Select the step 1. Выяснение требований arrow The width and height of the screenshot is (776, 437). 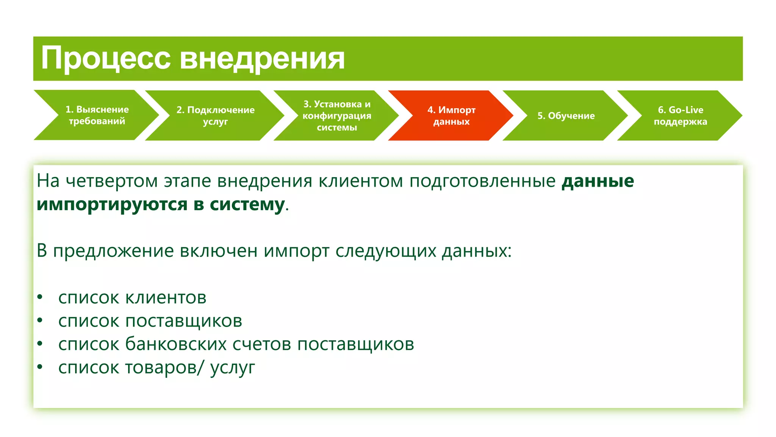click(x=97, y=115)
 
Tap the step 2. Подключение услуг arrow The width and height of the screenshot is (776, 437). click(x=215, y=116)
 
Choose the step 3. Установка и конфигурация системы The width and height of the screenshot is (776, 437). click(x=336, y=116)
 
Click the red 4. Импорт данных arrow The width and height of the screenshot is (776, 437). click(x=451, y=116)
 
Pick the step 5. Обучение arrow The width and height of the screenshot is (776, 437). click(x=566, y=116)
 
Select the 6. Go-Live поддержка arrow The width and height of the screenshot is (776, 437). click(x=680, y=116)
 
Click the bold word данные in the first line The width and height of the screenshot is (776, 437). click(x=598, y=181)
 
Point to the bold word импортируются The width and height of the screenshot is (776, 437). click(x=112, y=205)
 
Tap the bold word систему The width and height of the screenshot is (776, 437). click(x=247, y=205)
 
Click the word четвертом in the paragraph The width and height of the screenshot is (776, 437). click(x=111, y=181)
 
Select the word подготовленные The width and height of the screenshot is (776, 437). click(x=482, y=181)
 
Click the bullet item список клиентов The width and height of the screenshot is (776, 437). click(x=132, y=298)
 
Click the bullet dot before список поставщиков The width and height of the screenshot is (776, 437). click(x=40, y=321)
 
